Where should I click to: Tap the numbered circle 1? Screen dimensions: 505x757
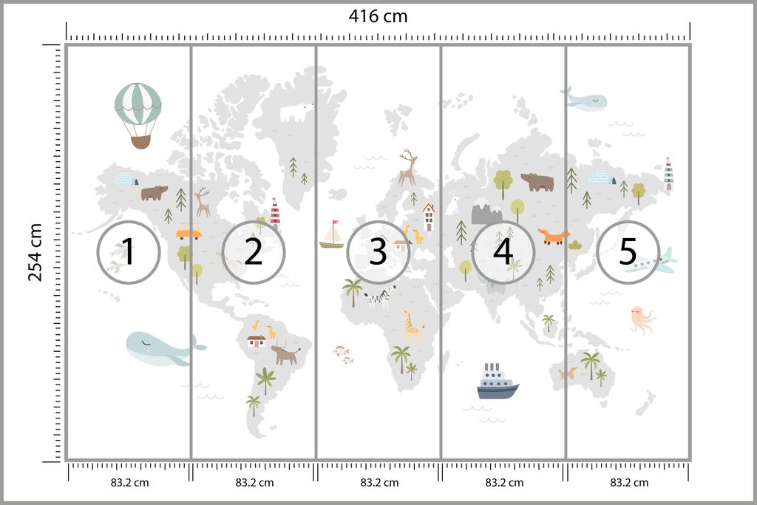pos(129,252)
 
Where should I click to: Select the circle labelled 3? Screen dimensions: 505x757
pos(378,252)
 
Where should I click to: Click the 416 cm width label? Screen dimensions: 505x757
pos(378,16)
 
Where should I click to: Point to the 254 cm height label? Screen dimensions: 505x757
pos(35,252)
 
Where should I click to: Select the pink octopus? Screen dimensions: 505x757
pos(642,319)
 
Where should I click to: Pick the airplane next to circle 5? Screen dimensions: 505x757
pos(652,262)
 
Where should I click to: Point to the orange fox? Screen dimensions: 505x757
pos(554,237)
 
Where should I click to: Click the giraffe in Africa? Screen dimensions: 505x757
pos(411,324)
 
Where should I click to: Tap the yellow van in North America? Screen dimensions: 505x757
pos(189,233)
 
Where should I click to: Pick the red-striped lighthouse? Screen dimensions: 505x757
pos(275,211)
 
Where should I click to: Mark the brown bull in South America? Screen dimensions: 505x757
pos(285,354)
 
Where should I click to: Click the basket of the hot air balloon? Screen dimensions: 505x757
pos(140,140)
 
